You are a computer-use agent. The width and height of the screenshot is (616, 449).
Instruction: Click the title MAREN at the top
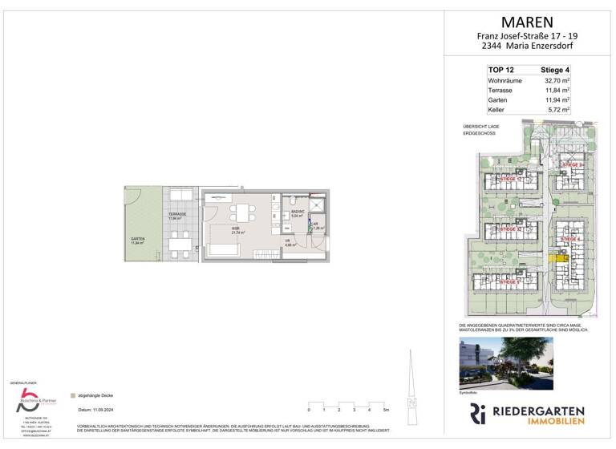526,22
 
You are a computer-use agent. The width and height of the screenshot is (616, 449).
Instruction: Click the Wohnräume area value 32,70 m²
553,81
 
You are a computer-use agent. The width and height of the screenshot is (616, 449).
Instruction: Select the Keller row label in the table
497,109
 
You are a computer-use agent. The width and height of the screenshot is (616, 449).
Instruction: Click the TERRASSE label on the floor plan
177,214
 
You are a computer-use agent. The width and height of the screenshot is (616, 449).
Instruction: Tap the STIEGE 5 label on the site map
510,282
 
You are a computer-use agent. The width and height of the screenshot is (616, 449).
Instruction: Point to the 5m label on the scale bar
387,410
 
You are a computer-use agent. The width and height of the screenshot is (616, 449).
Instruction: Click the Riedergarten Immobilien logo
526,415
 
